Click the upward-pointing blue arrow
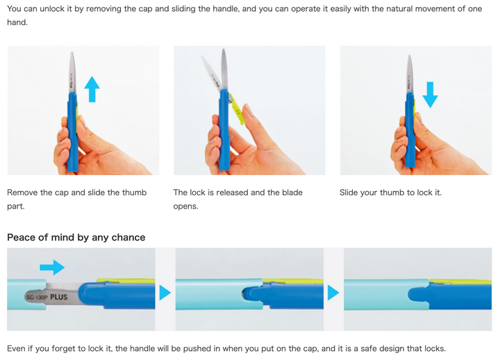coord(92,89)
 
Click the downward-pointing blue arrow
coord(430,95)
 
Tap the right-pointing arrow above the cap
coord(52,267)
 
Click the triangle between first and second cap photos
coord(165,293)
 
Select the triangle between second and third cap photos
coord(333,293)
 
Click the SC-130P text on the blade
coord(37,297)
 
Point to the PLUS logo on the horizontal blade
coord(59,297)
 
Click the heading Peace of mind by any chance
coord(76,238)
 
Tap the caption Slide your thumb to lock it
coord(390,193)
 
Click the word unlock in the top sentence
coord(53,8)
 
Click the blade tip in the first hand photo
coord(72,53)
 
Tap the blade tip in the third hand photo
coord(410,56)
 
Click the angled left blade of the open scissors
coord(211,73)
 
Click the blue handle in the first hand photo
coord(72,131)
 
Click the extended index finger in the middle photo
coord(257,124)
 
